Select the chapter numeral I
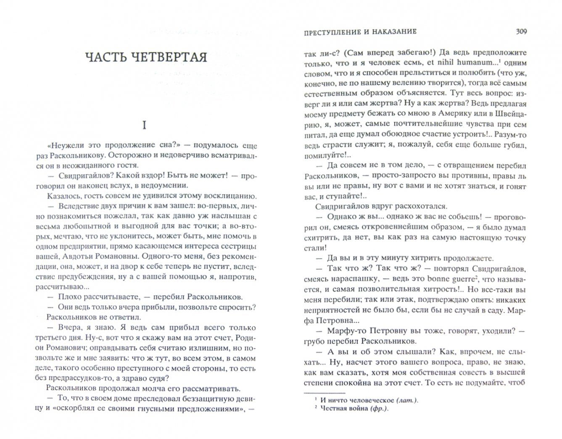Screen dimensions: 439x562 point(144,125)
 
